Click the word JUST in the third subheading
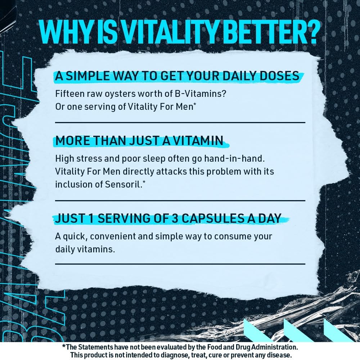coord(67,219)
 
